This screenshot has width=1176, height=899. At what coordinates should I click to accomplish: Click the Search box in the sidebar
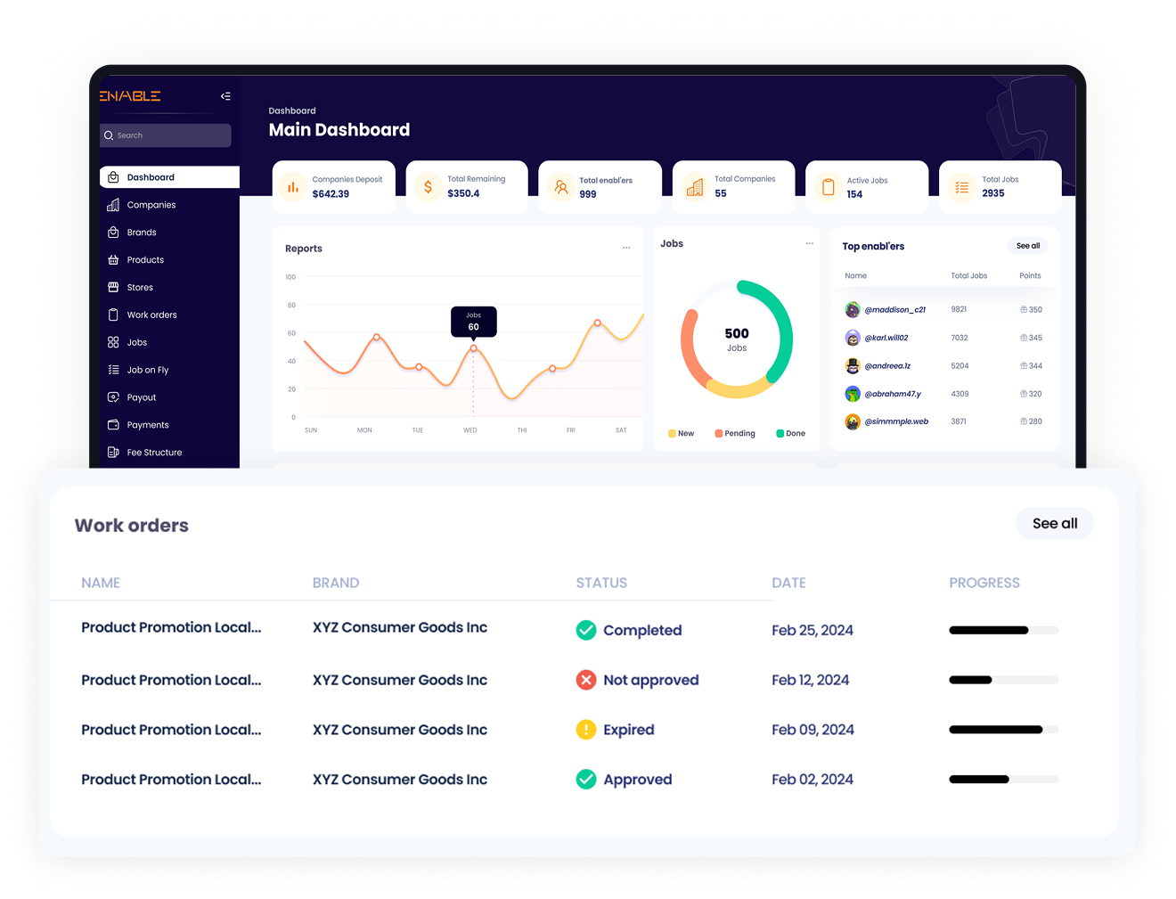(x=166, y=135)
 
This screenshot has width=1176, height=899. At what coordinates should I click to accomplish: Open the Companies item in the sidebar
(x=151, y=205)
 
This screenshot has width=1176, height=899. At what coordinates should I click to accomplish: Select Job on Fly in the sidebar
(x=147, y=370)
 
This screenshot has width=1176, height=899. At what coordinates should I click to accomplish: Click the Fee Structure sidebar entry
(x=153, y=453)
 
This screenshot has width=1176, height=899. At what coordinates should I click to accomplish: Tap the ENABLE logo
(x=130, y=96)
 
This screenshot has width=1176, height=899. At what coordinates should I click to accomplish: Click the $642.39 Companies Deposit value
(x=331, y=194)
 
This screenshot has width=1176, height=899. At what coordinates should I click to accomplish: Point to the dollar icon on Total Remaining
(x=428, y=187)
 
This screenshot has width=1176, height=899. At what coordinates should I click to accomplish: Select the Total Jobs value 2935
(x=992, y=193)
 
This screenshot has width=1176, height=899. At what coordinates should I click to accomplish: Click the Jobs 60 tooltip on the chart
(x=473, y=322)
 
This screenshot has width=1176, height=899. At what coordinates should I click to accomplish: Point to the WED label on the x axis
(x=470, y=430)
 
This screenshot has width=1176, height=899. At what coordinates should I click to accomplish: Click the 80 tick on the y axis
(x=291, y=305)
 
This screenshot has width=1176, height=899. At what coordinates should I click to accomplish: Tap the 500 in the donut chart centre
(x=737, y=334)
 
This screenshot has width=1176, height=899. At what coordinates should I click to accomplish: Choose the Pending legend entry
(x=735, y=434)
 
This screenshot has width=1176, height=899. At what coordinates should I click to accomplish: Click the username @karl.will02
(x=886, y=338)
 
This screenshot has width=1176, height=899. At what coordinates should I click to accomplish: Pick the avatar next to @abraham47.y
(x=853, y=394)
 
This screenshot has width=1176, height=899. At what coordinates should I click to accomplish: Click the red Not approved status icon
(x=586, y=680)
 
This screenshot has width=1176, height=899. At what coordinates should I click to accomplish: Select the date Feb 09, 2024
(x=813, y=730)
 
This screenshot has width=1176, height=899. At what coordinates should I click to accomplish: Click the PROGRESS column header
(x=984, y=583)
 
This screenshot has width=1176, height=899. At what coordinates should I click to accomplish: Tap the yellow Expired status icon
(x=586, y=730)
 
